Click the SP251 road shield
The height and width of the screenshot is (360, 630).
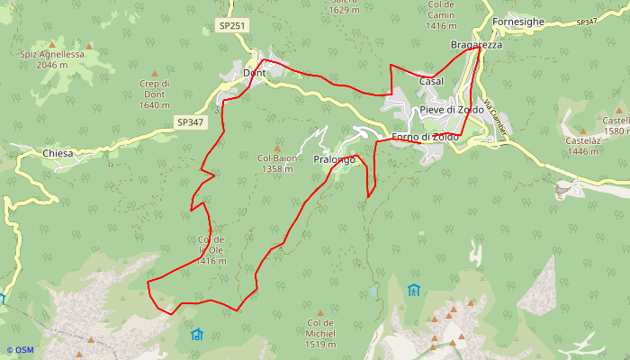pyautogui.click(x=232, y=26)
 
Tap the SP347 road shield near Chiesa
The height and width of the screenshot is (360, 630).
pyautogui.click(x=190, y=121)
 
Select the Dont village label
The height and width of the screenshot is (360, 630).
pyautogui.click(x=254, y=73)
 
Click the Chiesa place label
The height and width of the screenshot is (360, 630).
pyautogui.click(x=57, y=154)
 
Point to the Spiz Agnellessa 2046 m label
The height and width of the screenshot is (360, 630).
pyautogui.click(x=51, y=59)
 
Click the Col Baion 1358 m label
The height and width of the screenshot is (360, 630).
pyautogui.click(x=277, y=163)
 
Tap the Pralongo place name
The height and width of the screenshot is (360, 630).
pyautogui.click(x=331, y=159)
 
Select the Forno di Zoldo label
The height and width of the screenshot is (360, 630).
pyautogui.click(x=425, y=137)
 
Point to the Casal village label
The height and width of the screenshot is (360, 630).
pyautogui.click(x=431, y=82)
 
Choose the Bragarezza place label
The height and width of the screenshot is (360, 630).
pyautogui.click(x=475, y=45)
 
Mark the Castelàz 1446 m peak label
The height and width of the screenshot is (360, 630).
pyautogui.click(x=583, y=146)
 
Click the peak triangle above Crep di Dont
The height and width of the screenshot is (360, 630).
pyautogui.click(x=154, y=73)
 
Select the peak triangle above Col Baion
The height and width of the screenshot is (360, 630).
pyautogui.click(x=276, y=148)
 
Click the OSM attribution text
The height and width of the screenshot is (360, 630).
pyautogui.click(x=20, y=350)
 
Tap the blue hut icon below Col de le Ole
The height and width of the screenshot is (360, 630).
pyautogui.click(x=197, y=334)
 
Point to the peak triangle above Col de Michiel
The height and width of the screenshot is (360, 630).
pyautogui.click(x=319, y=313)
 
